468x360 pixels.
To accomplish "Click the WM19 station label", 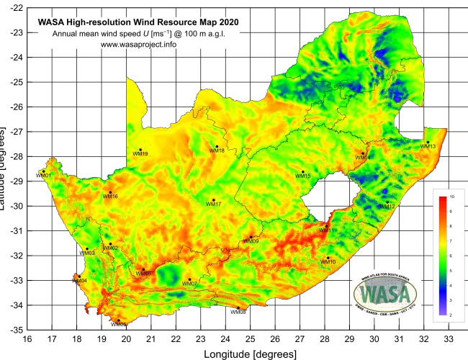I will [x=140, y=153].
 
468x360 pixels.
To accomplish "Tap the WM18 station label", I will [x=217, y=150].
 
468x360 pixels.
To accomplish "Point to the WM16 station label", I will [x=110, y=197].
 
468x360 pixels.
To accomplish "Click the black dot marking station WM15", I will [x=302, y=171].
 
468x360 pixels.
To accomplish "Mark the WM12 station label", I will [x=387, y=207].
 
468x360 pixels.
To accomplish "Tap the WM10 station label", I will [x=328, y=262].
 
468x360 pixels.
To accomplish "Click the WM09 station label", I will [x=251, y=241].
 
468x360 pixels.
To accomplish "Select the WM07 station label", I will [x=190, y=284].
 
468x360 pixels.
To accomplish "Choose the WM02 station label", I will [x=110, y=248].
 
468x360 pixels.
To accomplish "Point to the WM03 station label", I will [x=88, y=253].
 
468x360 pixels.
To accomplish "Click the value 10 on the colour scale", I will [x=451, y=197].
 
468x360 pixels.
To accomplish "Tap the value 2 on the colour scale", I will [x=451, y=315].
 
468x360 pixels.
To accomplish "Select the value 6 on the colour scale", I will [x=451, y=256].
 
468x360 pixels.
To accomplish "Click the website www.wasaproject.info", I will [x=138, y=44].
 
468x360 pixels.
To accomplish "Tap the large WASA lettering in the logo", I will [x=386, y=294].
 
